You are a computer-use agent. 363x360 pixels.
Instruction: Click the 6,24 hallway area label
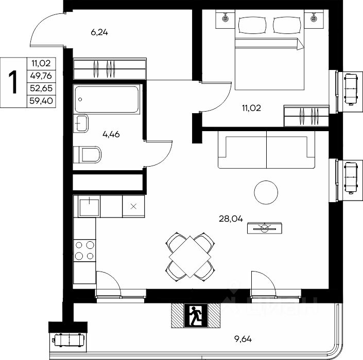pos(99,32)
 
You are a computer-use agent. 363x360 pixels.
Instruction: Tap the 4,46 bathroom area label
pos(111,134)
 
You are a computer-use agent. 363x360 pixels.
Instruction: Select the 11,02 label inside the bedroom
pos(251,108)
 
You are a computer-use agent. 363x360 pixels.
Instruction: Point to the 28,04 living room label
pos(231,219)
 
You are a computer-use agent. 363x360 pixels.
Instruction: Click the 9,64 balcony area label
pos(243,339)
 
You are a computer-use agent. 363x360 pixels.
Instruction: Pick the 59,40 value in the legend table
pos(41,101)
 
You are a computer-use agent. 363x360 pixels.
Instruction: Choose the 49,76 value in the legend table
pos(41,76)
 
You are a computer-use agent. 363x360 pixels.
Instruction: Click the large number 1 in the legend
pos(13,82)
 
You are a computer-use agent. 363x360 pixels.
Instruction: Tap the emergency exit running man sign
pos(196,315)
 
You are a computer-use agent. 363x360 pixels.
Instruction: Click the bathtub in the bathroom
pos(107,99)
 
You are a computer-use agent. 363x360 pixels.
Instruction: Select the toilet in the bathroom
pos(88,154)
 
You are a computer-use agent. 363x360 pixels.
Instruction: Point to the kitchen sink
pos(89,206)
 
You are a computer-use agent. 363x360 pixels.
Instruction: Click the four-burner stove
pos(84,250)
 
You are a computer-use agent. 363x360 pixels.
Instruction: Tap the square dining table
pos(190,257)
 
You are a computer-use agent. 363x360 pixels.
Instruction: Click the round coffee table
pos(266,192)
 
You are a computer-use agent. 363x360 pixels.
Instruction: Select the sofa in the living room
pos(267,150)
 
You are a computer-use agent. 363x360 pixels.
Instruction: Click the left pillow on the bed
pos(252,25)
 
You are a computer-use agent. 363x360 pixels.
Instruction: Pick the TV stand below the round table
pos(265,228)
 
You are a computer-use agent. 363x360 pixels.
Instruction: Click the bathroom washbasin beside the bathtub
pos(81,123)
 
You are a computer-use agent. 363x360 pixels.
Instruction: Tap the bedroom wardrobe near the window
pos(306,116)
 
